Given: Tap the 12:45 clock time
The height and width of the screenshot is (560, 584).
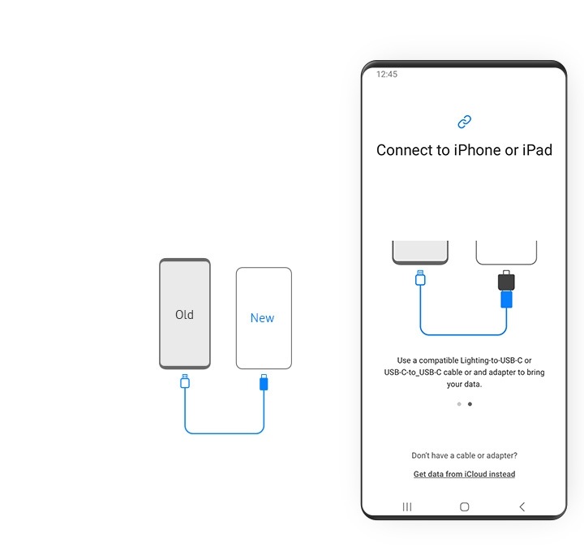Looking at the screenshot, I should click(x=387, y=74).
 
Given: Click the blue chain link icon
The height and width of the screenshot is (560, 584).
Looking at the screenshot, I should click(x=464, y=122).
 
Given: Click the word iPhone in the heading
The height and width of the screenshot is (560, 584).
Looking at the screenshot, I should click(x=477, y=150).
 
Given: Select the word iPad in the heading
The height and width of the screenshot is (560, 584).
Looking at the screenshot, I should click(x=536, y=150).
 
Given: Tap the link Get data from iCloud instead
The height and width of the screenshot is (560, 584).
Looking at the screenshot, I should click(x=464, y=474).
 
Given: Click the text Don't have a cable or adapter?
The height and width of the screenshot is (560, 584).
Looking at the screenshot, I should click(x=464, y=455).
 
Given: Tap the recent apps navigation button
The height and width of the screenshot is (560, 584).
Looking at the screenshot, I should click(x=407, y=506).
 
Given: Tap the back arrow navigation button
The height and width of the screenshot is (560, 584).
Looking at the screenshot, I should click(x=522, y=506).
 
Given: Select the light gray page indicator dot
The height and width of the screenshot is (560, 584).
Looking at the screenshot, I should click(x=459, y=403).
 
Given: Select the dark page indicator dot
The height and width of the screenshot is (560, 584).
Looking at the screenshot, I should click(x=470, y=403).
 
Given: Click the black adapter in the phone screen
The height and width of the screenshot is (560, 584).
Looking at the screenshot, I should click(x=506, y=281).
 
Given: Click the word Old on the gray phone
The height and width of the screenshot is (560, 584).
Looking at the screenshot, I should click(x=184, y=315).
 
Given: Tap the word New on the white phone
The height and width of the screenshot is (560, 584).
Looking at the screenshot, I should click(x=262, y=318).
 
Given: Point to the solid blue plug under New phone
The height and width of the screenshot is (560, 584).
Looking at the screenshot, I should click(x=263, y=382).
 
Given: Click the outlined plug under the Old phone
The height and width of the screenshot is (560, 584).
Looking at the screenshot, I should click(x=185, y=381).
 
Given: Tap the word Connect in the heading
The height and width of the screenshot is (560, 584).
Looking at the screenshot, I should click(x=405, y=150).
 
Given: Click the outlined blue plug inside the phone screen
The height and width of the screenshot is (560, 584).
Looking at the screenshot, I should click(x=420, y=278).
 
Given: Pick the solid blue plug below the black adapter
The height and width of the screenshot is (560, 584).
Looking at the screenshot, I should click(x=506, y=299).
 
